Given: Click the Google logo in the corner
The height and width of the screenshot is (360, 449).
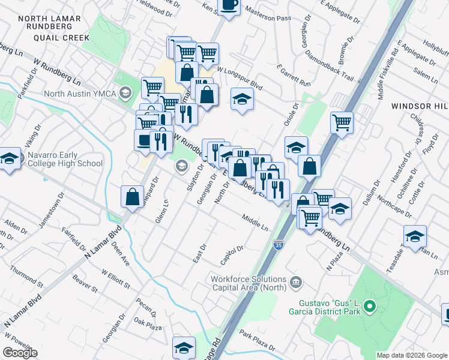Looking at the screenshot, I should coord(20,353).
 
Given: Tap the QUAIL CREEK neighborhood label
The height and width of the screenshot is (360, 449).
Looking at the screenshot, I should coord(49,37).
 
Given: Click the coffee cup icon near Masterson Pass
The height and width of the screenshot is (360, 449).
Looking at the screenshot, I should coord(229,6).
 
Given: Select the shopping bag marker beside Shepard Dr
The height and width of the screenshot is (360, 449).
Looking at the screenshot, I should coord(132,197).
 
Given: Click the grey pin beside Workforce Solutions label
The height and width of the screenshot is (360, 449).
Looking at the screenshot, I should coord(295,282).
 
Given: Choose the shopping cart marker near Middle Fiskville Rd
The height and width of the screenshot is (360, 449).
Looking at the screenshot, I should coord(342,122).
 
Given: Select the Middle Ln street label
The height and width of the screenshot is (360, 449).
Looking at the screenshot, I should coord(255,221).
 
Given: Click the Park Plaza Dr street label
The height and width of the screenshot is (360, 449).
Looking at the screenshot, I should coord(256,339).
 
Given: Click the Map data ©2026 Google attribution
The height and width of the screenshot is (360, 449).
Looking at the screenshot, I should coord(412,355).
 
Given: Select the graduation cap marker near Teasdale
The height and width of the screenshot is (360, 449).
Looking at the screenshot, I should coord(415,236).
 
